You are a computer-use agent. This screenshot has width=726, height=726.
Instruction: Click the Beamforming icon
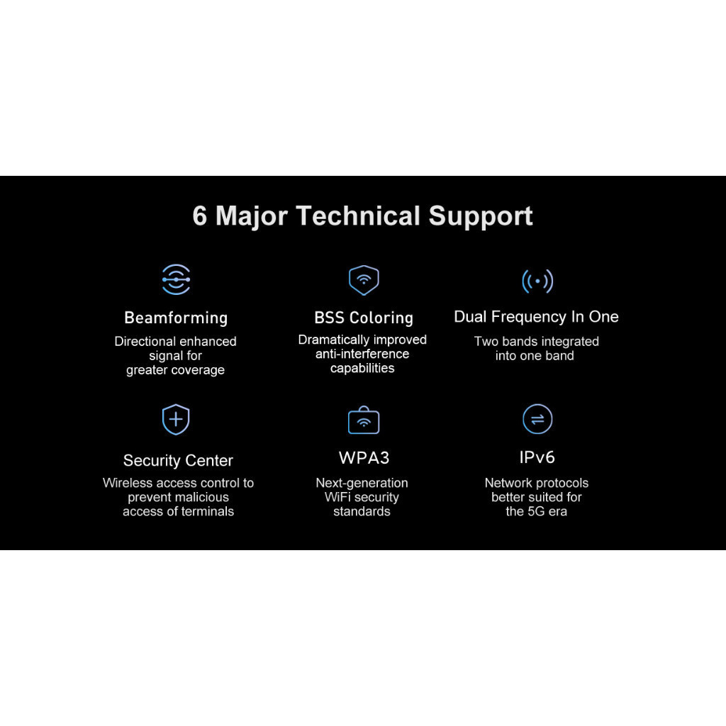[176, 279]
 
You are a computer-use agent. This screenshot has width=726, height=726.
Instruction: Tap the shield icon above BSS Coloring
[364, 280]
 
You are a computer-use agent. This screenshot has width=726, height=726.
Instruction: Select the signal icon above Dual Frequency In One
[537, 281]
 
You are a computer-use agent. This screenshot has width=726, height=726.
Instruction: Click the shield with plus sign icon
[176, 420]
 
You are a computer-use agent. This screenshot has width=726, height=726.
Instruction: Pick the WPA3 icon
[364, 420]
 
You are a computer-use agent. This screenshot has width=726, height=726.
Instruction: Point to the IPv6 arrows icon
[537, 419]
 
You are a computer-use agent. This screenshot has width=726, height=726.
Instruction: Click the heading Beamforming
[176, 318]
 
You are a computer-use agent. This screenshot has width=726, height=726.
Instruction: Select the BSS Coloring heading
[364, 318]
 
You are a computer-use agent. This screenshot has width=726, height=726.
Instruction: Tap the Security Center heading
[178, 461]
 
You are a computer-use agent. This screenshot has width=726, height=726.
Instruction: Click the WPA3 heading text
[364, 457]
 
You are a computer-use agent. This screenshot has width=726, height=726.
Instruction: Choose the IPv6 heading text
[537, 457]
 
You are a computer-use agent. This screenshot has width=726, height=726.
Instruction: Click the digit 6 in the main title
[200, 216]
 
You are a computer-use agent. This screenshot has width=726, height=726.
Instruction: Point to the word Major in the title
[252, 216]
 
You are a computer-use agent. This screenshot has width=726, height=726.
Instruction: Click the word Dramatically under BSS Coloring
[333, 340]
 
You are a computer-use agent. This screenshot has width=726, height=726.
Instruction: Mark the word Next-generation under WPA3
[362, 483]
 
